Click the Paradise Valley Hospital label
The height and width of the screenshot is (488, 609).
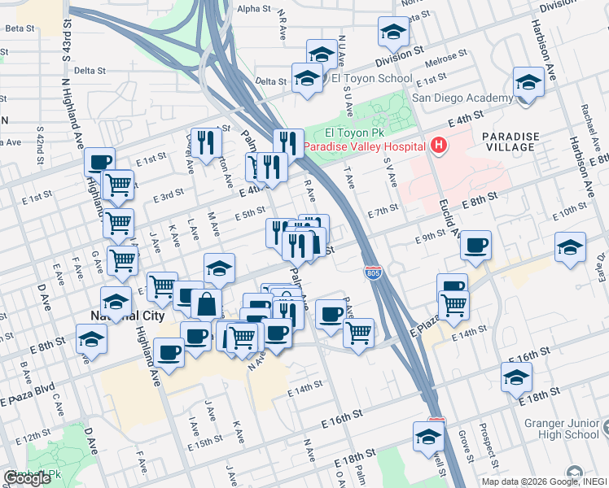click(x=366, y=147)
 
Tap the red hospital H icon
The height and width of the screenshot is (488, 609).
click(x=439, y=146)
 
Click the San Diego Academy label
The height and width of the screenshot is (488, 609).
click(x=462, y=98)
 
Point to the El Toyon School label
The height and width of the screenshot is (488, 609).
click(x=372, y=79)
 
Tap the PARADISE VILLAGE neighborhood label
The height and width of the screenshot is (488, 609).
click(x=508, y=142)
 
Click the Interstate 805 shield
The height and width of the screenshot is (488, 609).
click(x=373, y=269)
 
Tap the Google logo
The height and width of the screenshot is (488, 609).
click(x=27, y=478)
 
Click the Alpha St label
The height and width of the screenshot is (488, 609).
click(x=253, y=8)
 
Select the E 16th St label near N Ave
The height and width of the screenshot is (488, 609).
click(x=341, y=418)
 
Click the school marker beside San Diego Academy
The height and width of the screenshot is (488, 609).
click(x=528, y=84)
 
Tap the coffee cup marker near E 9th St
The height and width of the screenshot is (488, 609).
click(x=475, y=245)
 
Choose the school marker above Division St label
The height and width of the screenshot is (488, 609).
click(x=393, y=33)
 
